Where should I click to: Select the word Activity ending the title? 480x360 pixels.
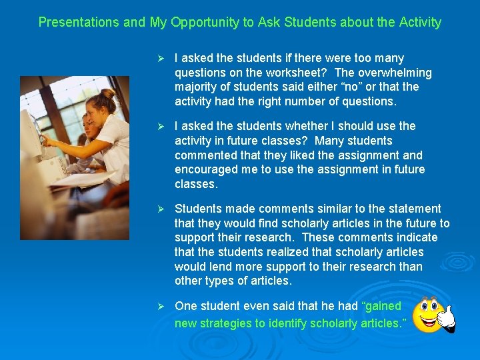pyautogui.click(x=419, y=23)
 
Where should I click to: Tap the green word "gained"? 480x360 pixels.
pyautogui.click(x=381, y=306)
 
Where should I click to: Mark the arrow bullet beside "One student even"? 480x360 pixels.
pyautogui.click(x=159, y=306)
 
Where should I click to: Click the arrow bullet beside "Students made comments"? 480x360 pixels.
pyautogui.click(x=159, y=209)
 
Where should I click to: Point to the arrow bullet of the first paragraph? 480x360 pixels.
pyautogui.click(x=159, y=59)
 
